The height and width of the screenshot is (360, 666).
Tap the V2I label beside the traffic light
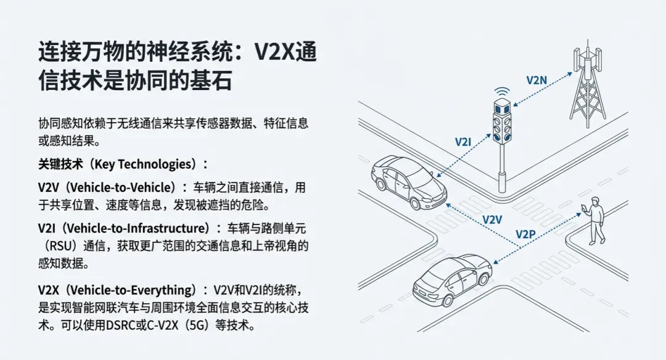(x=463, y=142)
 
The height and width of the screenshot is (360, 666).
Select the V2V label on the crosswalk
(x=492, y=219)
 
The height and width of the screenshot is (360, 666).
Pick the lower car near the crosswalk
(x=452, y=279)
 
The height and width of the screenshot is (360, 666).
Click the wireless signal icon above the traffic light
(x=503, y=92)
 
